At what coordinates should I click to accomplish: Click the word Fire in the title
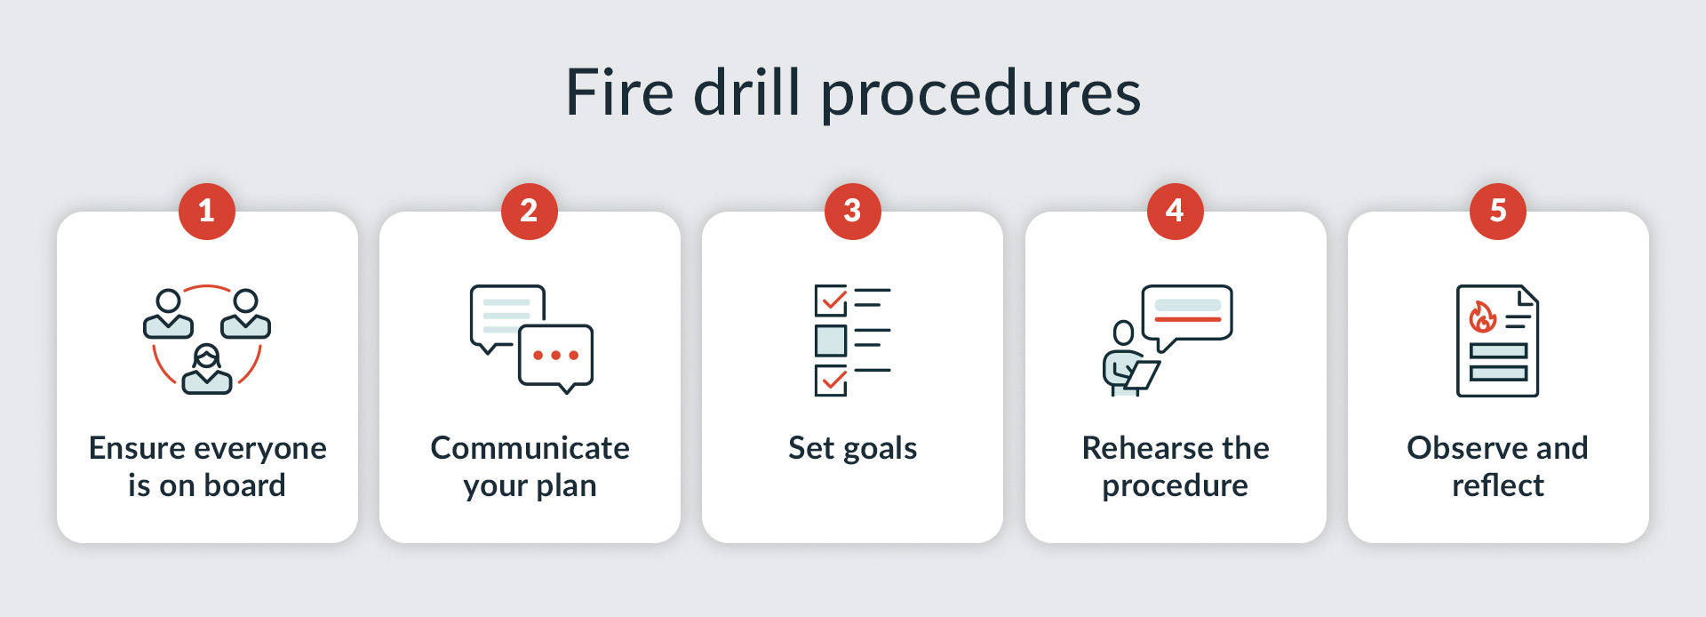click(619, 92)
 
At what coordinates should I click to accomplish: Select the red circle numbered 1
click(207, 211)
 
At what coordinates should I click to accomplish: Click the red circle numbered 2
click(530, 211)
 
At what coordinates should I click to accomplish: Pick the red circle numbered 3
click(852, 211)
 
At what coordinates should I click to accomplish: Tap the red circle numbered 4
click(1175, 211)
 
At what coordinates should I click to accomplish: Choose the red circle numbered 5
click(1498, 211)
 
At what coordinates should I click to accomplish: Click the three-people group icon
click(207, 340)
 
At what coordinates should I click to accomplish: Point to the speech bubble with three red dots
click(555, 358)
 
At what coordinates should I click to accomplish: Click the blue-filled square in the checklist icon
click(831, 341)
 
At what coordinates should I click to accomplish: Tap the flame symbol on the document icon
click(1482, 317)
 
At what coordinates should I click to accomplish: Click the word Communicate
click(530, 448)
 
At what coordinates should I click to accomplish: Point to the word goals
click(881, 450)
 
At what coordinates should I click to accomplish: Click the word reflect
click(1498, 485)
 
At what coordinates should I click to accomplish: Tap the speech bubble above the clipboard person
click(1187, 317)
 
